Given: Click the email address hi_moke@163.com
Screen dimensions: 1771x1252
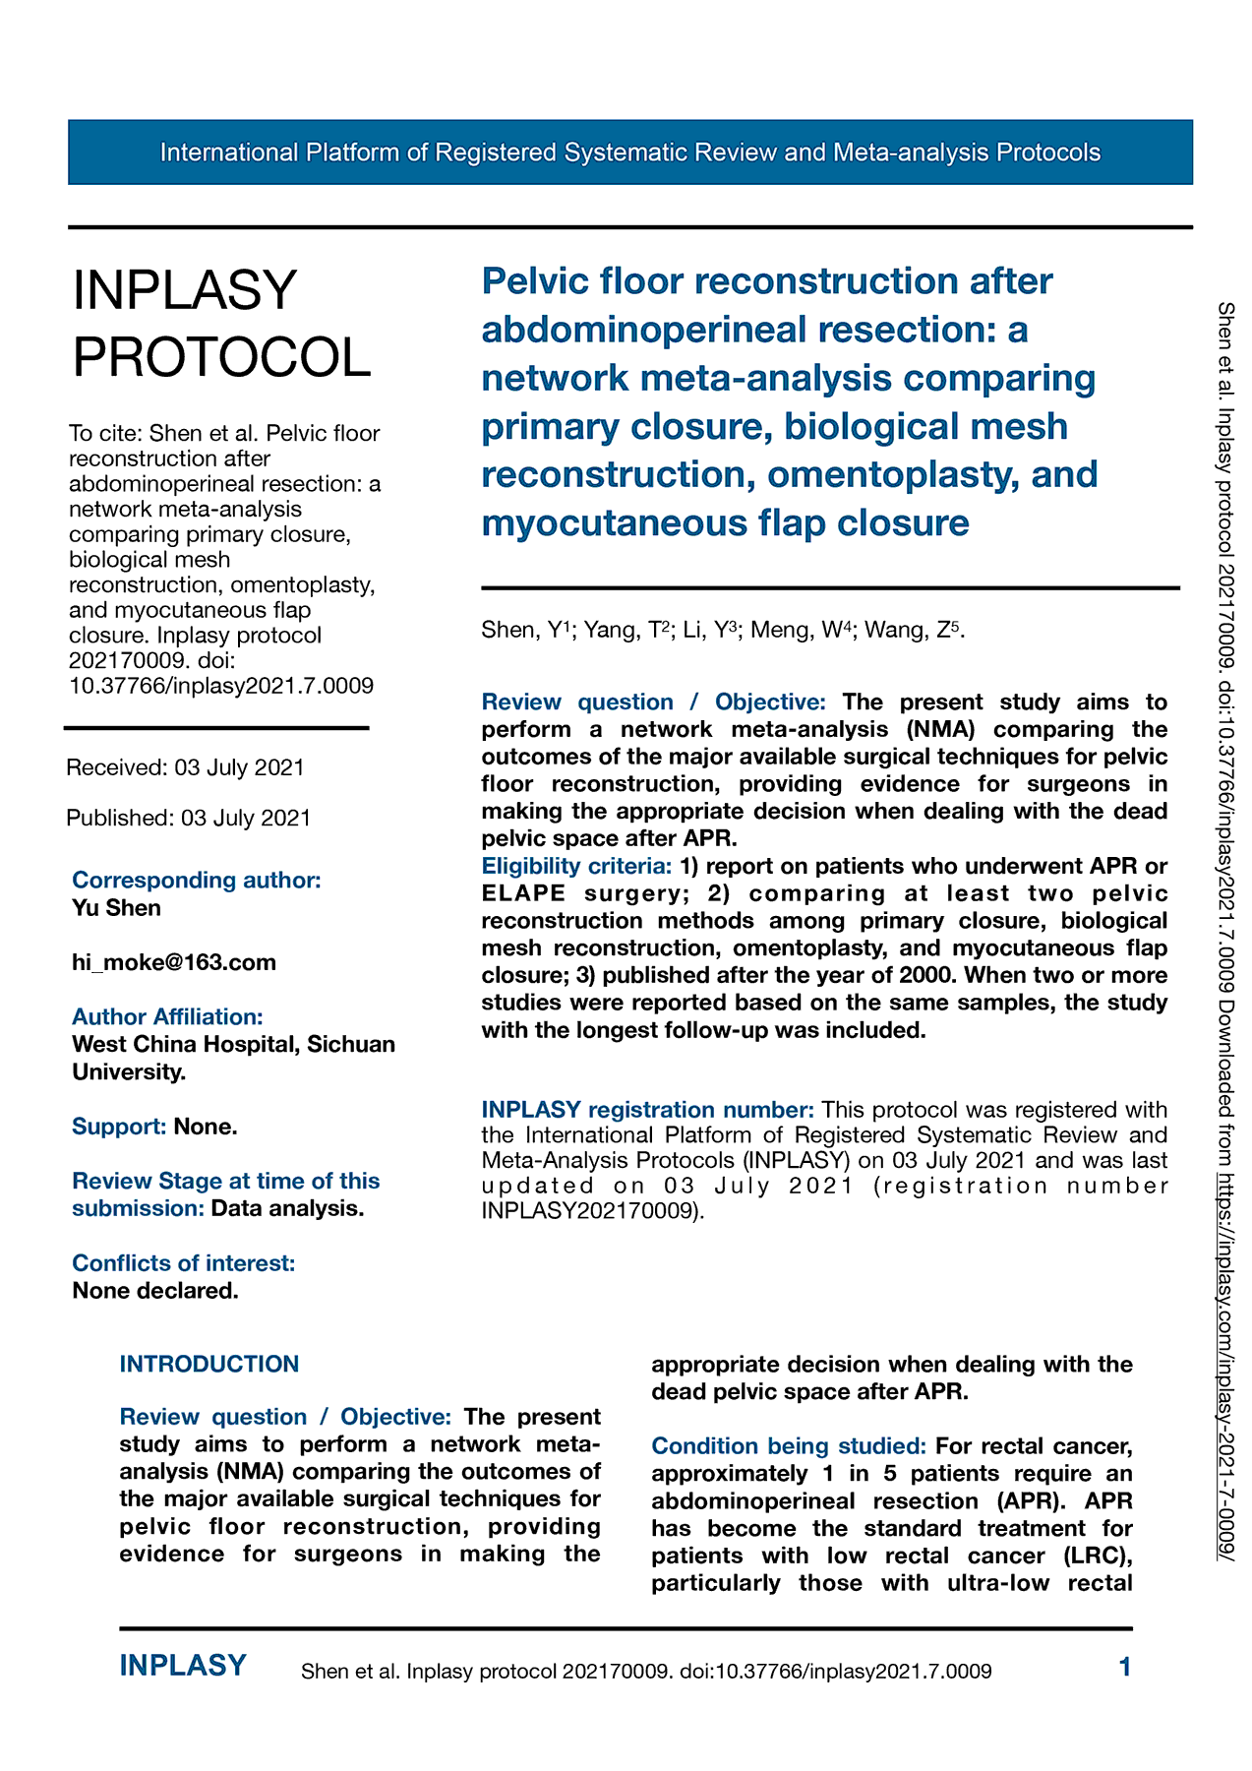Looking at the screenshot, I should pos(174,962).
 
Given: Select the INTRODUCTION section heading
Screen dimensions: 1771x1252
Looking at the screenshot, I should pos(209,1365).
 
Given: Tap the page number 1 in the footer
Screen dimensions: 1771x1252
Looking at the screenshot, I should pos(1125,1667).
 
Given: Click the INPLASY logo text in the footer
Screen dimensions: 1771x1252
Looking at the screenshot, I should pos(183,1666).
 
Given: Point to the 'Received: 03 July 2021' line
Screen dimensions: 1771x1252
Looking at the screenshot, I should pos(185,767).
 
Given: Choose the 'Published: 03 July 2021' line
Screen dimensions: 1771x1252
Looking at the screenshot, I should pos(188,819).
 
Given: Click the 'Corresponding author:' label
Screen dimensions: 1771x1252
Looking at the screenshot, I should pos(197,880).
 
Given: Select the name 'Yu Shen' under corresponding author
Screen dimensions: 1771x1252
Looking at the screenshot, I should pos(116,908).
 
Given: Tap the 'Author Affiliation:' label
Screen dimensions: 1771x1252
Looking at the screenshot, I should pos(167,1016).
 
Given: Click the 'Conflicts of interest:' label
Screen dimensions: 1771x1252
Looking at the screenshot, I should pos(183,1263).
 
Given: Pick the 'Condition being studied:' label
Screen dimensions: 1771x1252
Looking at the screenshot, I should pos(789,1446).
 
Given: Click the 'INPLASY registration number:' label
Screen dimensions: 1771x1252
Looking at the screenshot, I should pos(647,1110).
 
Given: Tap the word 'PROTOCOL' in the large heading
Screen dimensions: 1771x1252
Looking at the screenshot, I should pos(222,356).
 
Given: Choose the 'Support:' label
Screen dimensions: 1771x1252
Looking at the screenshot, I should pos(119,1127).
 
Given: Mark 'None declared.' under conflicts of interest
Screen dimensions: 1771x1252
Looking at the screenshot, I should pos(155,1291).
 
